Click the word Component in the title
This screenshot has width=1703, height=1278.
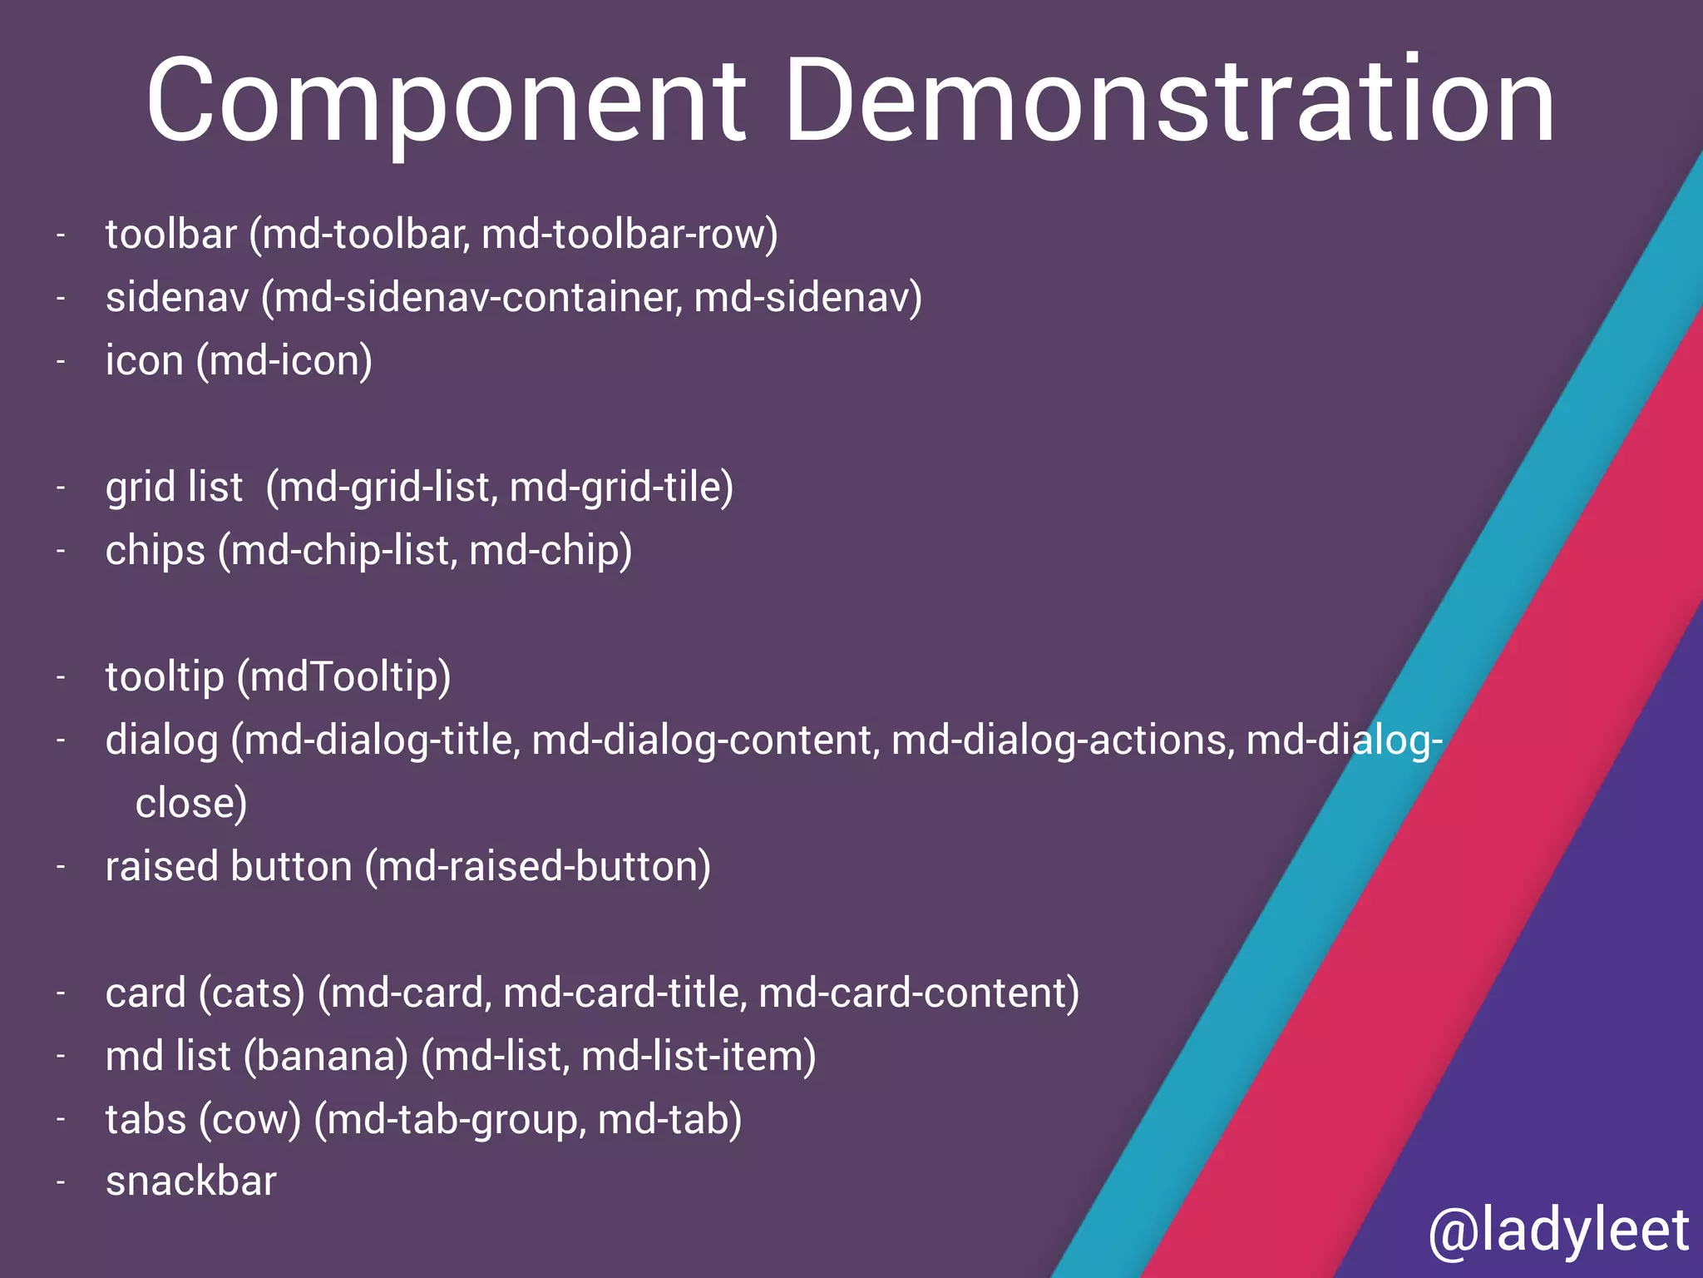tap(446, 102)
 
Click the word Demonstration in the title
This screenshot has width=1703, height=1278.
tap(1169, 102)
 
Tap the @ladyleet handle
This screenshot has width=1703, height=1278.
tap(1558, 1231)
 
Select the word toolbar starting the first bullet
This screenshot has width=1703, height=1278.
tap(171, 234)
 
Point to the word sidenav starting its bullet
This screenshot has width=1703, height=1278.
tap(177, 297)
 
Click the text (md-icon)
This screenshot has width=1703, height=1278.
tap(284, 361)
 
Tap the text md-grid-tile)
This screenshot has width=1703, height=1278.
tap(621, 488)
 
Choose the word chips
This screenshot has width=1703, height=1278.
tap(155, 551)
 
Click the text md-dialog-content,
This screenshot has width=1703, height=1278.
tap(706, 741)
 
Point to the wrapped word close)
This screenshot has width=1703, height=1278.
tap(191, 804)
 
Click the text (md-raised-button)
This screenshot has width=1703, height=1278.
tap(538, 867)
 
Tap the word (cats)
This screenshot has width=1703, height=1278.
tap(252, 993)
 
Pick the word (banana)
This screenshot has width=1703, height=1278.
tap(326, 1057)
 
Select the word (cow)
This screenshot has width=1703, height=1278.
tap(250, 1120)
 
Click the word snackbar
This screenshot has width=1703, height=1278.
tap(191, 1181)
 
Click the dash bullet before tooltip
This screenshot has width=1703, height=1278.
tap(61, 678)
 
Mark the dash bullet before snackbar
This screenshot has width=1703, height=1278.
tap(61, 1183)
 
